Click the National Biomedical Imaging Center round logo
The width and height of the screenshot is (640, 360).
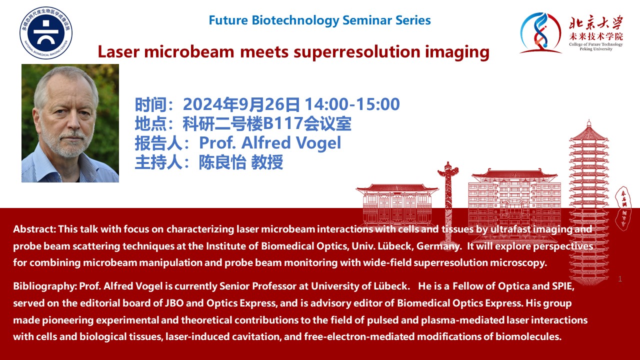(46, 33)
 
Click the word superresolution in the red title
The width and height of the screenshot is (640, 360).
(357, 51)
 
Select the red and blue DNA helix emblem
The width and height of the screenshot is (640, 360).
(540, 33)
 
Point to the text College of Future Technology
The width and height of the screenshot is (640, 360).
(595, 44)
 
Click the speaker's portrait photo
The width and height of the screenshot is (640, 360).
(70, 123)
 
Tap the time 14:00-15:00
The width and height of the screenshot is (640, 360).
(352, 104)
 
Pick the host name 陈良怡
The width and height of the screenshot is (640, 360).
(222, 162)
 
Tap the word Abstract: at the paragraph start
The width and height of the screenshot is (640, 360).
(34, 229)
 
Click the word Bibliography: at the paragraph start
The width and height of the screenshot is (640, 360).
(45, 286)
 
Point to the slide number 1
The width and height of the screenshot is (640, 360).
(620, 279)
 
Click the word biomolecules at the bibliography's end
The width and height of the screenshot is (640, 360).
(527, 336)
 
